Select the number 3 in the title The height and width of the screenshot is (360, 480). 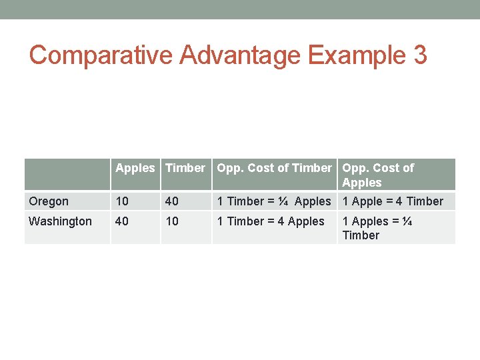click(x=419, y=55)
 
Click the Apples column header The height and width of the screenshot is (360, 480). click(x=135, y=168)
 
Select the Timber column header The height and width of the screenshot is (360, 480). click(x=185, y=168)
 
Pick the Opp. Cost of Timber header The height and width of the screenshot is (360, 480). click(x=274, y=168)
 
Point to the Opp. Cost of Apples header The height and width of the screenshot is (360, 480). click(x=378, y=175)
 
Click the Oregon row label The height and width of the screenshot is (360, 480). click(x=49, y=201)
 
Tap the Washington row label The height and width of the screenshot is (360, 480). click(x=61, y=221)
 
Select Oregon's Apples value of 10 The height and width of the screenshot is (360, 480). click(x=122, y=201)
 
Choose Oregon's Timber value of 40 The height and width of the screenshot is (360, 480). click(x=172, y=201)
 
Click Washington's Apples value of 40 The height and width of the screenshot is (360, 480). click(x=122, y=221)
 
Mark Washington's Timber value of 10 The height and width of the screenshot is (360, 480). click(x=172, y=221)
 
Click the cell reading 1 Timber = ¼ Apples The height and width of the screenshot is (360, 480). click(x=274, y=201)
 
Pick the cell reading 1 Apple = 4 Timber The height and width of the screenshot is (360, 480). click(x=393, y=201)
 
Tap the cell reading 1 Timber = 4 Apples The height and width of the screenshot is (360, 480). click(x=271, y=221)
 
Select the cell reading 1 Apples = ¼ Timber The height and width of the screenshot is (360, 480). click(x=377, y=228)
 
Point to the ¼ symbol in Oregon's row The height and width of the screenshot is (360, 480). click(x=284, y=201)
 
